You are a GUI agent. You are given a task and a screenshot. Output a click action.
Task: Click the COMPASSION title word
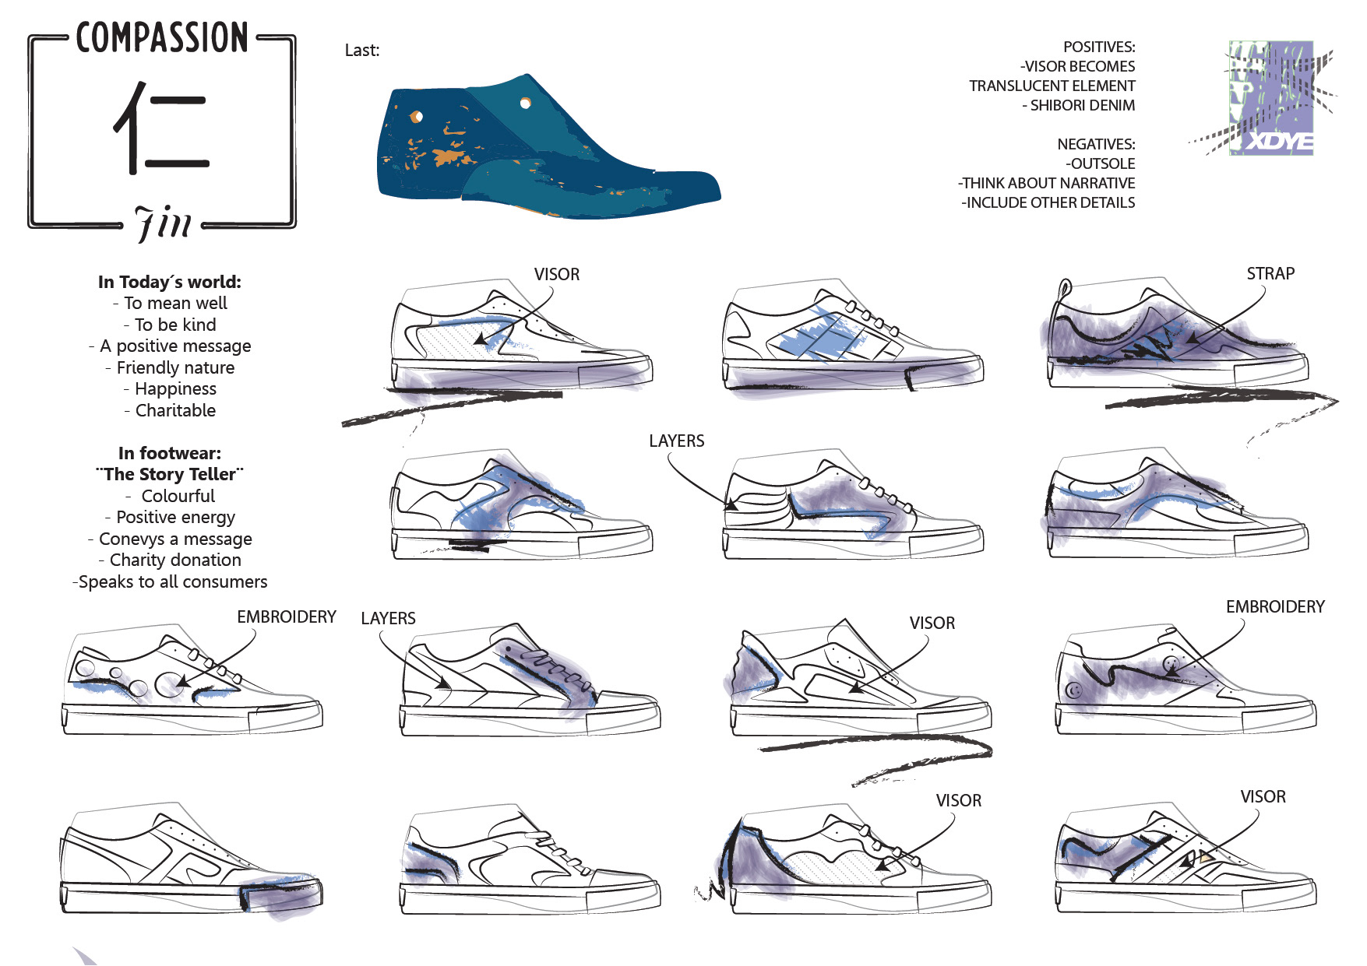point(162,38)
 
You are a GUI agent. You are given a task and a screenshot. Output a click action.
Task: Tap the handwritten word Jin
point(163,224)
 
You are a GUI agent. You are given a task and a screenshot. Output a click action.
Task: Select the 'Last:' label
point(362,51)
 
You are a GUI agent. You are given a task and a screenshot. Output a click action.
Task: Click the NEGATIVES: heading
point(1095,144)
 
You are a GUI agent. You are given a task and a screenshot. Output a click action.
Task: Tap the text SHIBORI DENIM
point(1082,105)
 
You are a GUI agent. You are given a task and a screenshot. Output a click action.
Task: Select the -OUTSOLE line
point(1100,163)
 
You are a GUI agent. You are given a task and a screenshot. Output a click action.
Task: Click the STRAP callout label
point(1270,274)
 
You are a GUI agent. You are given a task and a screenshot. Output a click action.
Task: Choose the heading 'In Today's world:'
point(170,282)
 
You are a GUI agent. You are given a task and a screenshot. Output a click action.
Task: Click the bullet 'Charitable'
point(175,410)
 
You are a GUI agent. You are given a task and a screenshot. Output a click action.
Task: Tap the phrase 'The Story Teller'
point(170,474)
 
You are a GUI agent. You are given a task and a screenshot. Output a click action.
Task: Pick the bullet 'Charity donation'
point(175,560)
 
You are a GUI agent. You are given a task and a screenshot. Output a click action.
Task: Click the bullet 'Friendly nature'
point(175,367)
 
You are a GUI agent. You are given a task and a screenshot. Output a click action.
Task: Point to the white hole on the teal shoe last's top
point(526,103)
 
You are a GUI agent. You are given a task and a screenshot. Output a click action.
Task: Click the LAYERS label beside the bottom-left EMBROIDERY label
point(388,619)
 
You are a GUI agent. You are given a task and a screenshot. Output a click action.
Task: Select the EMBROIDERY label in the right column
point(1274,607)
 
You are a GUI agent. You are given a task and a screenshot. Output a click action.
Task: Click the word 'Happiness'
point(175,388)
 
